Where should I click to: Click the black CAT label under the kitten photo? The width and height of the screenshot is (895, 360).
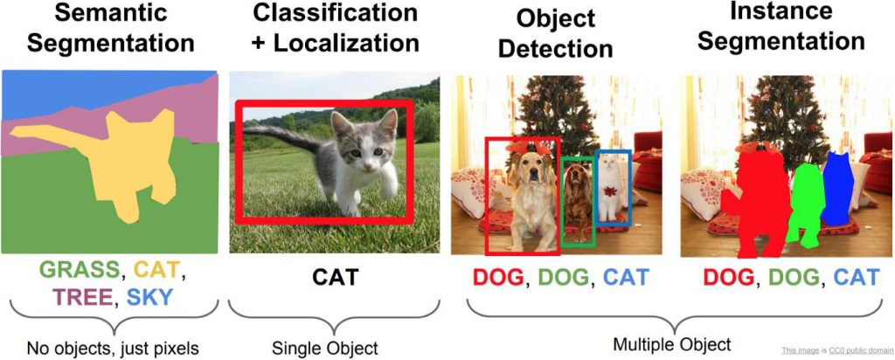pos(335,277)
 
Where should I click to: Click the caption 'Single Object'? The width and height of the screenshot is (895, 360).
pos(325,347)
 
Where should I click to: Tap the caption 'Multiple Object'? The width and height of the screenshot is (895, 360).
pos(671,344)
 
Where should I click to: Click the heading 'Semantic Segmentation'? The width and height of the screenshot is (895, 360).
pos(111,28)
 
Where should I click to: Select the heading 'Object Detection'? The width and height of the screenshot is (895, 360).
pos(556,34)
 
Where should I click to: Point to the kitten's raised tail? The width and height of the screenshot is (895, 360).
pos(282,137)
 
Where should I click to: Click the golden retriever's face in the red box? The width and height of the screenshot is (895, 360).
pos(531,168)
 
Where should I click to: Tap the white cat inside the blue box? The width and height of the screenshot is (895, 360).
pos(610,187)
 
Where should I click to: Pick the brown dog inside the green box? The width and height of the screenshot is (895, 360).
pos(578,200)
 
